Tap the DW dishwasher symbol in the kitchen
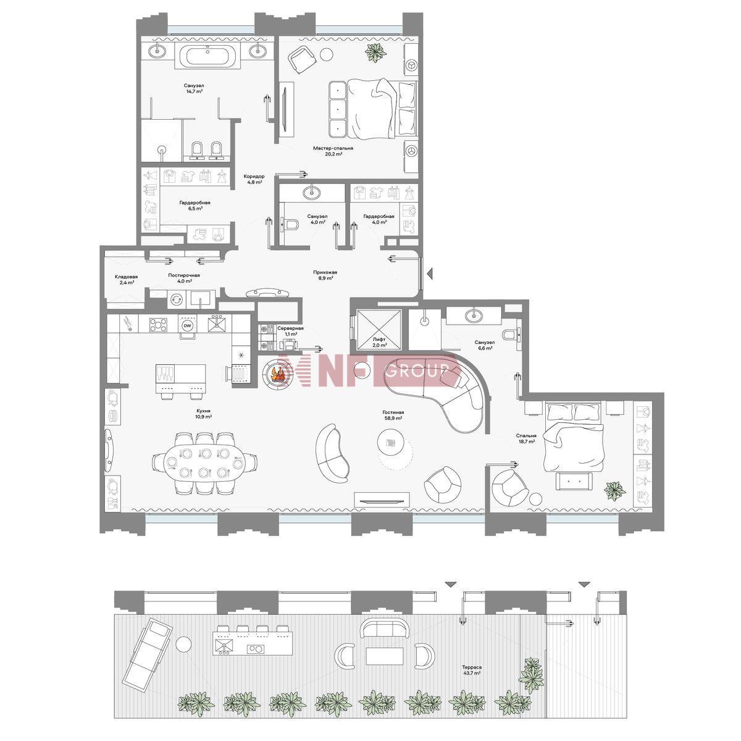click(188, 326)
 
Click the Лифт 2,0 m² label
click(380, 343)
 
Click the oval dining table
click(205, 463)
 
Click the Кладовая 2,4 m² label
click(126, 280)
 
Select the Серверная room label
click(290, 329)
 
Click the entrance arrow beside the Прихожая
click(430, 274)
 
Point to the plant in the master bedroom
click(376, 52)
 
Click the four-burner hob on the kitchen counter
click(159, 324)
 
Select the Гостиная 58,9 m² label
click(393, 415)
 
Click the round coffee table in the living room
click(391, 443)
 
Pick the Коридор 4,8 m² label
click(254, 179)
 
